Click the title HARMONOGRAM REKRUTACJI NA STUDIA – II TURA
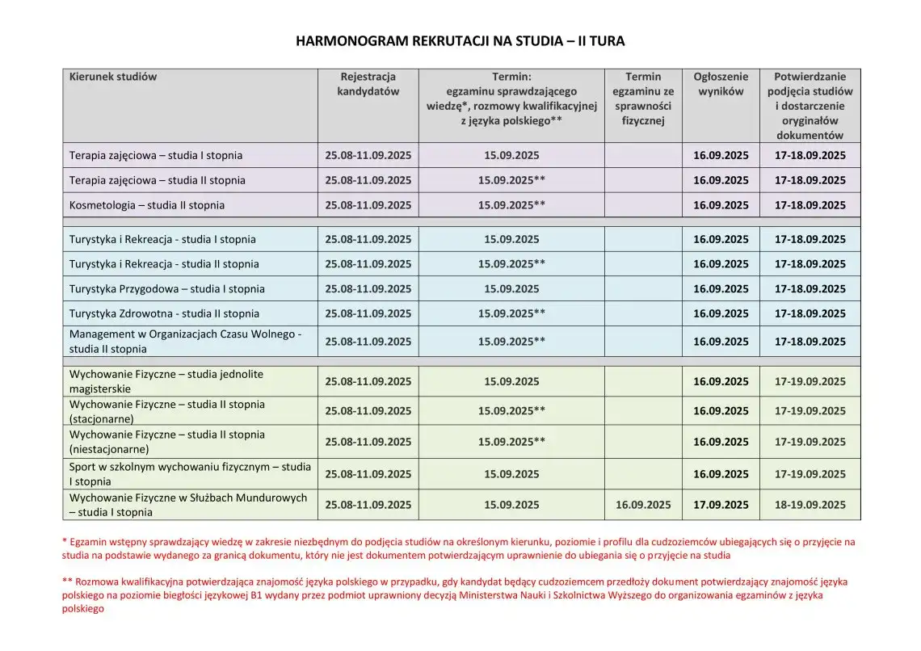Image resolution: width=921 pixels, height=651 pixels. point(460,40)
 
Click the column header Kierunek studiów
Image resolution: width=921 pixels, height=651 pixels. point(113,77)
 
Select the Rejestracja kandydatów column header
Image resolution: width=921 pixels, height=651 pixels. point(368,84)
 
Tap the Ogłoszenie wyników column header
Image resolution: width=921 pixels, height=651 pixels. point(721,84)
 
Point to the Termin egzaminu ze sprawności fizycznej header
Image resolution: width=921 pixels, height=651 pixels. point(643,99)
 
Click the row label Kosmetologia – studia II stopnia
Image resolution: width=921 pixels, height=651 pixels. point(147,205)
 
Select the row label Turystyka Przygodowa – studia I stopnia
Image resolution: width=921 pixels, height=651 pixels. point(166,288)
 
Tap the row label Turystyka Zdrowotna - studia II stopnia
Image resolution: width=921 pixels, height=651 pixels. point(164,313)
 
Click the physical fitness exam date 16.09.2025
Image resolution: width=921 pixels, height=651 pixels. point(643,505)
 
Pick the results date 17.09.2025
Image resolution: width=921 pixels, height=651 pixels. point(721,505)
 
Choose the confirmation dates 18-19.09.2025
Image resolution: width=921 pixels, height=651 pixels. point(810,505)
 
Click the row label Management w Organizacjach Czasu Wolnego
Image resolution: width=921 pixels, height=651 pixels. point(185,334)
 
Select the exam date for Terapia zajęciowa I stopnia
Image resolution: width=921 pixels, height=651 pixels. point(511,155)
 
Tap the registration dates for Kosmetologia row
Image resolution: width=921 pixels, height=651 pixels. point(368,205)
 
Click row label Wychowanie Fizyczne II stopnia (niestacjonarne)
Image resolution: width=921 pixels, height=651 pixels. point(166,442)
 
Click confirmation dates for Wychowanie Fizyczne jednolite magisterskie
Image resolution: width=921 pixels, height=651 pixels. point(810,381)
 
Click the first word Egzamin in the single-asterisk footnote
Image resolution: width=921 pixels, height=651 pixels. point(88,542)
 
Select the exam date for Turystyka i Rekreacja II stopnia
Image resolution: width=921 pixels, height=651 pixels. point(511,264)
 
